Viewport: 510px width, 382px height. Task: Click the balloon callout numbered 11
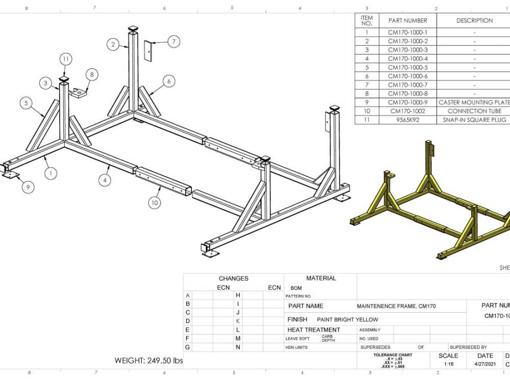(66, 59)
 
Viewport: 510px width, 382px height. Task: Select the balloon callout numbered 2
(113, 44)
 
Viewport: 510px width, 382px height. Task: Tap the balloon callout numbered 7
(173, 42)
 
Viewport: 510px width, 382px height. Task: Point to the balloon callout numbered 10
(155, 203)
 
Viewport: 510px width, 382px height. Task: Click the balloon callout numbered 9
(28, 187)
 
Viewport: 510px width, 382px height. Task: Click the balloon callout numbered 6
(169, 81)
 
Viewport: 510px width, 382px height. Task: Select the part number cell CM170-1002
(407, 111)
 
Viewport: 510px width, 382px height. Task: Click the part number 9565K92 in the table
(407, 120)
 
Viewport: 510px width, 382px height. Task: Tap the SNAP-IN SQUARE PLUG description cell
(474, 120)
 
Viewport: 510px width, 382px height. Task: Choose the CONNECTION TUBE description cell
(474, 111)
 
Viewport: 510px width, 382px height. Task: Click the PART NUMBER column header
(407, 20)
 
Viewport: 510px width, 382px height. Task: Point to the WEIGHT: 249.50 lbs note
(148, 361)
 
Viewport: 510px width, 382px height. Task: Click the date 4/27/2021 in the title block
(484, 364)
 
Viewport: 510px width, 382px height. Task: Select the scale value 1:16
(448, 364)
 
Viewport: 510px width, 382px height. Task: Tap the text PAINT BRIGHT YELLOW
(347, 319)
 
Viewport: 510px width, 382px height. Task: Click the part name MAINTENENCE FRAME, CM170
(396, 306)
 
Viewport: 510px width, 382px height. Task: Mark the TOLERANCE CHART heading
(392, 355)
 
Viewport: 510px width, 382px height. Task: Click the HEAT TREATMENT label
(313, 330)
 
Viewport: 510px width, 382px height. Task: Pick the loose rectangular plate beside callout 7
(148, 51)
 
